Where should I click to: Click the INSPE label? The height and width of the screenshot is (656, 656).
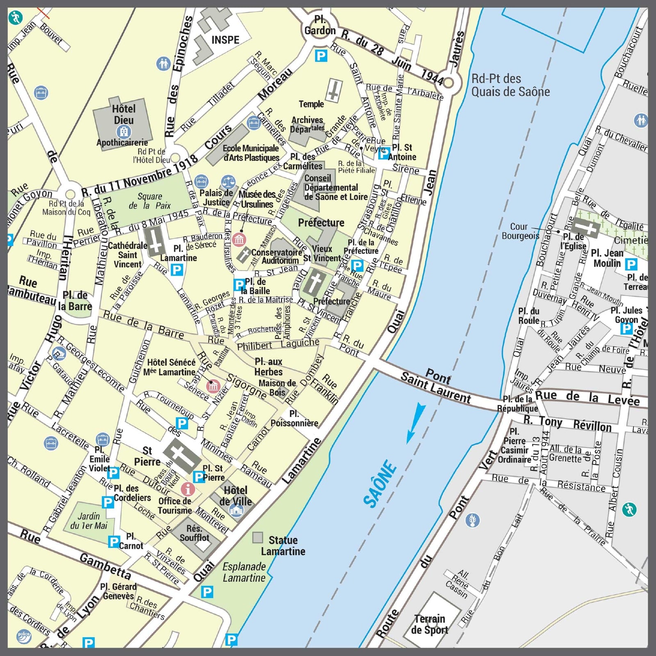pos(225,40)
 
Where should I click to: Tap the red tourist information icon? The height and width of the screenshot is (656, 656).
pos(188,489)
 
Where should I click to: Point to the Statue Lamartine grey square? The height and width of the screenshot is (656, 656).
pos(257,537)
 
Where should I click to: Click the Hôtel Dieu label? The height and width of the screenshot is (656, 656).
pos(123,114)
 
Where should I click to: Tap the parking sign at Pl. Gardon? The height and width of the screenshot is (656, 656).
pos(321,56)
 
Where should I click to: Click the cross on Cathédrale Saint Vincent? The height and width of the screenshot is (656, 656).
pos(155,242)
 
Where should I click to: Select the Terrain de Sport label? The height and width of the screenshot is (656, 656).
pos(429,624)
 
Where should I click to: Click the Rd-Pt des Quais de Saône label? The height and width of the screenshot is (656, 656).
pos(510,85)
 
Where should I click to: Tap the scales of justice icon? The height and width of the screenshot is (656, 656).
pos(228,181)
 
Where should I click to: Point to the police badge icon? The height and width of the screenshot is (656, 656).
pos(24,636)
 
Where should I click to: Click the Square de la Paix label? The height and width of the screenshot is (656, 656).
pos(150,201)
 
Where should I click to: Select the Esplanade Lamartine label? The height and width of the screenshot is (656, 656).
pos(244,572)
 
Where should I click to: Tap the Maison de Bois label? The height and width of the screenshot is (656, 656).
pos(277,387)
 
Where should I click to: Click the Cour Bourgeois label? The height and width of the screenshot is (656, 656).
pos(520,231)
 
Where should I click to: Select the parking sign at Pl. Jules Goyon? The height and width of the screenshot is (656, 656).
pos(626,328)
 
